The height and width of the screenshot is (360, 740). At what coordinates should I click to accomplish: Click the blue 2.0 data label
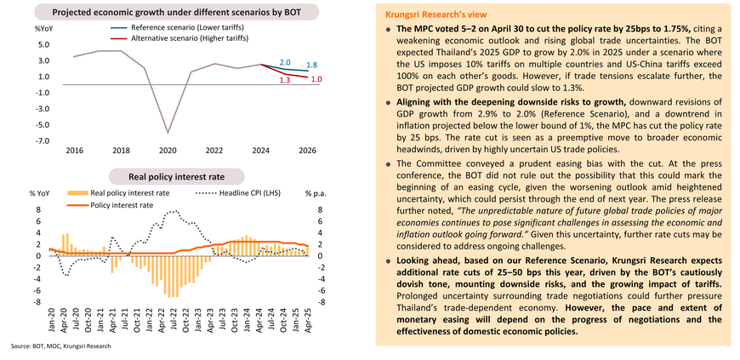(285, 63)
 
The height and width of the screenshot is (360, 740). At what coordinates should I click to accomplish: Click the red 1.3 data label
(285, 80)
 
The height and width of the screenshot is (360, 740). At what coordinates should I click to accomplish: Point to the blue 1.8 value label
(311, 66)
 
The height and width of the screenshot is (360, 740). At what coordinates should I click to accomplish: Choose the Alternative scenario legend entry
(176, 37)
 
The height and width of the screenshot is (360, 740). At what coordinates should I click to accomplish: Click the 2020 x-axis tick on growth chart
(168, 151)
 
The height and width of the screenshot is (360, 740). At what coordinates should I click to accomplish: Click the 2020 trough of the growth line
(168, 134)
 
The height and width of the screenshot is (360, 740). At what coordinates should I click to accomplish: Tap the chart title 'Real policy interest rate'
(177, 177)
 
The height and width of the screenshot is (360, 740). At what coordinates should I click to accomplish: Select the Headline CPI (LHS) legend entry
(238, 192)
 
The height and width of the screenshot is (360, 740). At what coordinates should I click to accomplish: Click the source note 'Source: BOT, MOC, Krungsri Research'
(61, 346)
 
